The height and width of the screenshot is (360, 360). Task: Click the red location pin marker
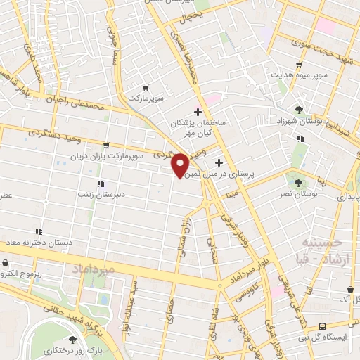[181, 165]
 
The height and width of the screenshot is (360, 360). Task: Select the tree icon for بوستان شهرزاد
[300, 109]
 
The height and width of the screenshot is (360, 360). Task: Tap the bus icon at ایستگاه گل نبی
[321, 326]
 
